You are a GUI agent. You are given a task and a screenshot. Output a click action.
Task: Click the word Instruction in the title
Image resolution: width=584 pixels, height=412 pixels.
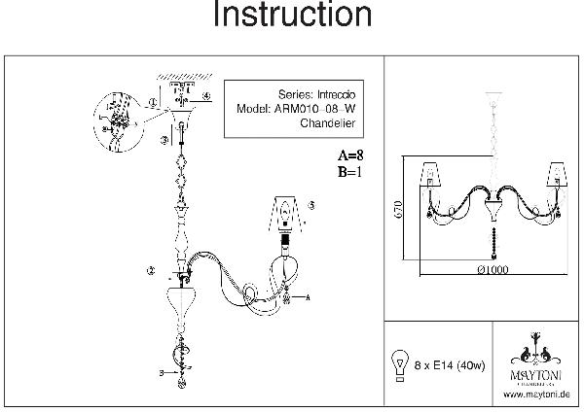(x=291, y=17)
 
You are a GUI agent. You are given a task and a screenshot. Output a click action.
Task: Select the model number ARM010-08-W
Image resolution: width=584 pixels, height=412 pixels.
(x=311, y=109)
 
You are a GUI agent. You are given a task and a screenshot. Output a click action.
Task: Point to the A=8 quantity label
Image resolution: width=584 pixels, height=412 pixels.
(x=350, y=156)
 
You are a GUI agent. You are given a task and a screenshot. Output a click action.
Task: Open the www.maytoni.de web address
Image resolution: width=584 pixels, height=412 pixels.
(x=536, y=395)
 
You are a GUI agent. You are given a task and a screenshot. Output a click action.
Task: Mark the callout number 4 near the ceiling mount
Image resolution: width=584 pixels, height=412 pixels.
(x=207, y=96)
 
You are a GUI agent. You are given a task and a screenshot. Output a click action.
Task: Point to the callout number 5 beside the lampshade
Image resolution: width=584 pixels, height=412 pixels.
(x=311, y=206)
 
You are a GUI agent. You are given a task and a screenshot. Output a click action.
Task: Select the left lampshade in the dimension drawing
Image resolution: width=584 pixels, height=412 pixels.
(x=432, y=175)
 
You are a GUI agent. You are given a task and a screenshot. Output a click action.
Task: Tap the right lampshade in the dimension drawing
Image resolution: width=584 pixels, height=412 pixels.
(x=558, y=175)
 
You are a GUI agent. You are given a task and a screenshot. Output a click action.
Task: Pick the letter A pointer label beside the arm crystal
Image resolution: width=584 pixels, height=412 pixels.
(x=308, y=295)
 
